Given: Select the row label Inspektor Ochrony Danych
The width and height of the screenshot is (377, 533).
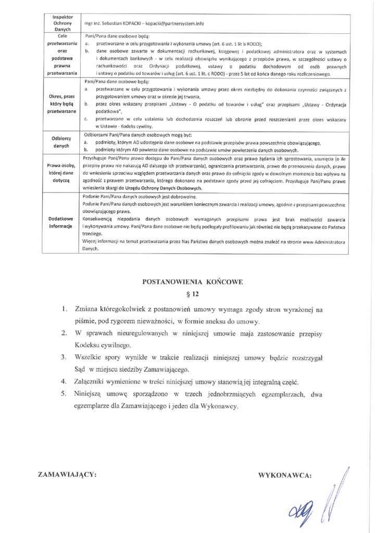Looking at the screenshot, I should (x=62, y=23).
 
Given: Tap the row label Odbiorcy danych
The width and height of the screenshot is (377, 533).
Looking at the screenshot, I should (x=62, y=142).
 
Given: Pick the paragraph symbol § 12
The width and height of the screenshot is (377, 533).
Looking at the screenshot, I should (x=193, y=294).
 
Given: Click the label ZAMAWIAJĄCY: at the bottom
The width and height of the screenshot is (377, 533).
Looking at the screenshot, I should (x=68, y=475).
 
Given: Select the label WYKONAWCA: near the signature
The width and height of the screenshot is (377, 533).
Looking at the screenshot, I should (x=285, y=475).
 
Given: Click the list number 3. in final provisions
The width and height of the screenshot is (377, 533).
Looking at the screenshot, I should (x=63, y=357).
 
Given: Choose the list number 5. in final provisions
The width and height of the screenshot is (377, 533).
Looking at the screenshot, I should (x=63, y=394).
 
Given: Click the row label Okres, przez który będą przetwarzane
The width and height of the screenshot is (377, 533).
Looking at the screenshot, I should (x=62, y=103).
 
